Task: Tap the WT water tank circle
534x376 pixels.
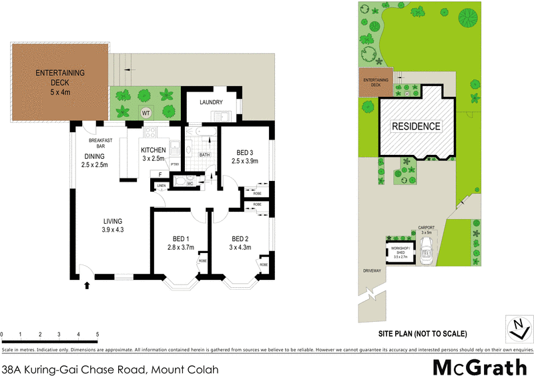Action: [x=145, y=112]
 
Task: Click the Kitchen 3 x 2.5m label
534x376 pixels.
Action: [x=154, y=154]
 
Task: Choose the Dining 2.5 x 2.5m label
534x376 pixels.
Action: [x=94, y=161]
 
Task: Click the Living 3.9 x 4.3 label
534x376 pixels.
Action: [x=113, y=226]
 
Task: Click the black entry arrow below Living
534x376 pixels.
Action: [x=87, y=286]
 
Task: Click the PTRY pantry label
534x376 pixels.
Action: [x=175, y=165]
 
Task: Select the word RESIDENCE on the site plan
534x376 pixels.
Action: [x=416, y=126]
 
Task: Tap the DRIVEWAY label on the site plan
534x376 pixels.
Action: [x=371, y=270]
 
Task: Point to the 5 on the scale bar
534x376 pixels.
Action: [x=97, y=334]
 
